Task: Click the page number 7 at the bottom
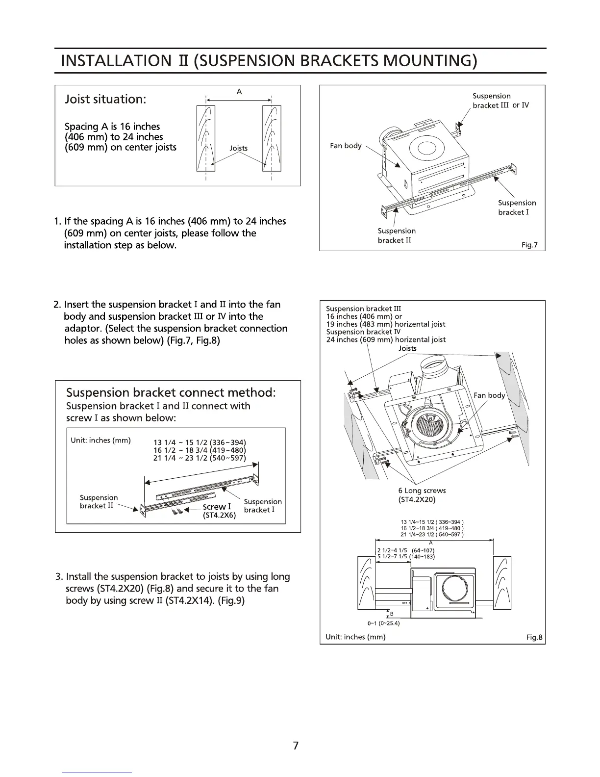pos(295,746)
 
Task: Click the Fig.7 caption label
pos(529,245)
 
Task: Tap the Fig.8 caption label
pos(534,637)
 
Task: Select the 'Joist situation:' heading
pos(105,99)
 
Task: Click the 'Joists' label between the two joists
pos(239,148)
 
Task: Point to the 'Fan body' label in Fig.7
pos(346,146)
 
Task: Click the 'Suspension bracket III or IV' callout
pos(500,101)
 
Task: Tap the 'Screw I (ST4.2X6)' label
pos(219,511)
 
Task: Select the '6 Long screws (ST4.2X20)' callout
pos(422,495)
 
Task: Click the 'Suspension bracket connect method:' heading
pos(171,392)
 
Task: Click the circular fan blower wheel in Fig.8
pos(432,422)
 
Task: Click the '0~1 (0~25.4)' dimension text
pos(383,623)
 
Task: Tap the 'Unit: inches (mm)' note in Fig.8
pos(355,637)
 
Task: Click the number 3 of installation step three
pos(59,576)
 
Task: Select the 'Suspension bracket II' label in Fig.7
pos(396,235)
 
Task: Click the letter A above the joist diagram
pos(239,92)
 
